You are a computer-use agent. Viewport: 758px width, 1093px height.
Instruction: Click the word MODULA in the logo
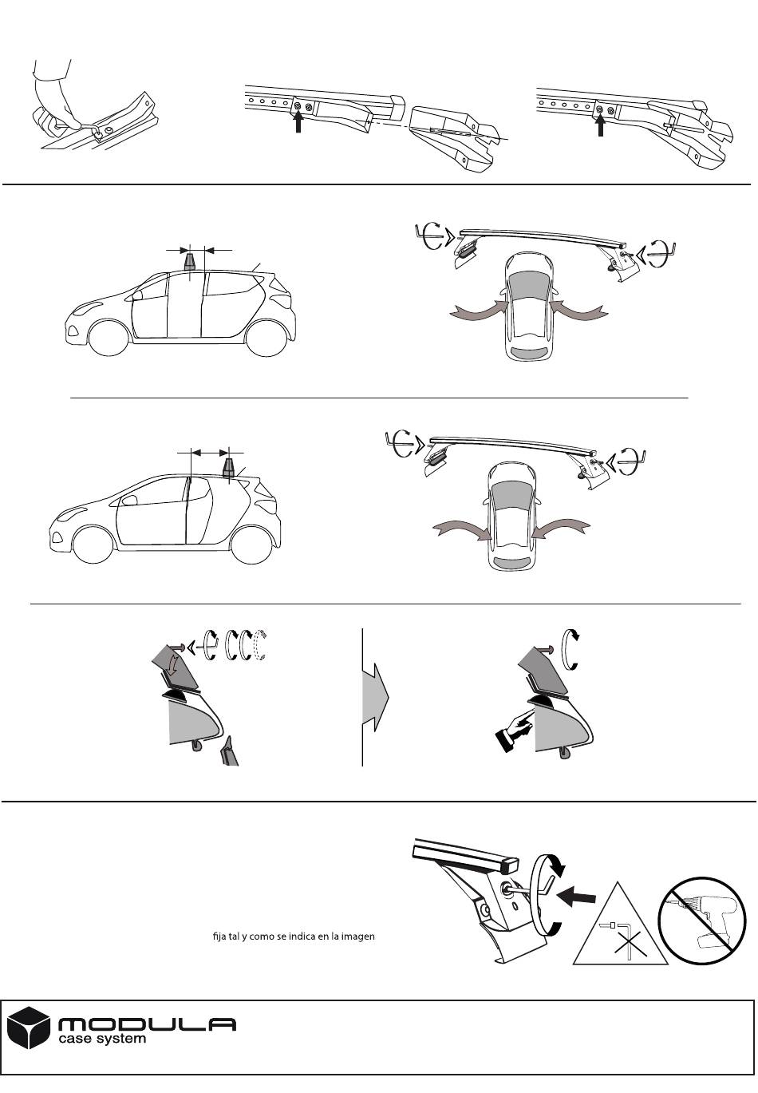[x=147, y=1025]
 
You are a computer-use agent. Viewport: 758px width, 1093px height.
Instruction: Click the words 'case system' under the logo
[x=102, y=1039]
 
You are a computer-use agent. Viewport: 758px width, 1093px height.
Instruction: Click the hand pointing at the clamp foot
[x=514, y=732]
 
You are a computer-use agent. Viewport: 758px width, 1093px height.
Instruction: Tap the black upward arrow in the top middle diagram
[x=298, y=122]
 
